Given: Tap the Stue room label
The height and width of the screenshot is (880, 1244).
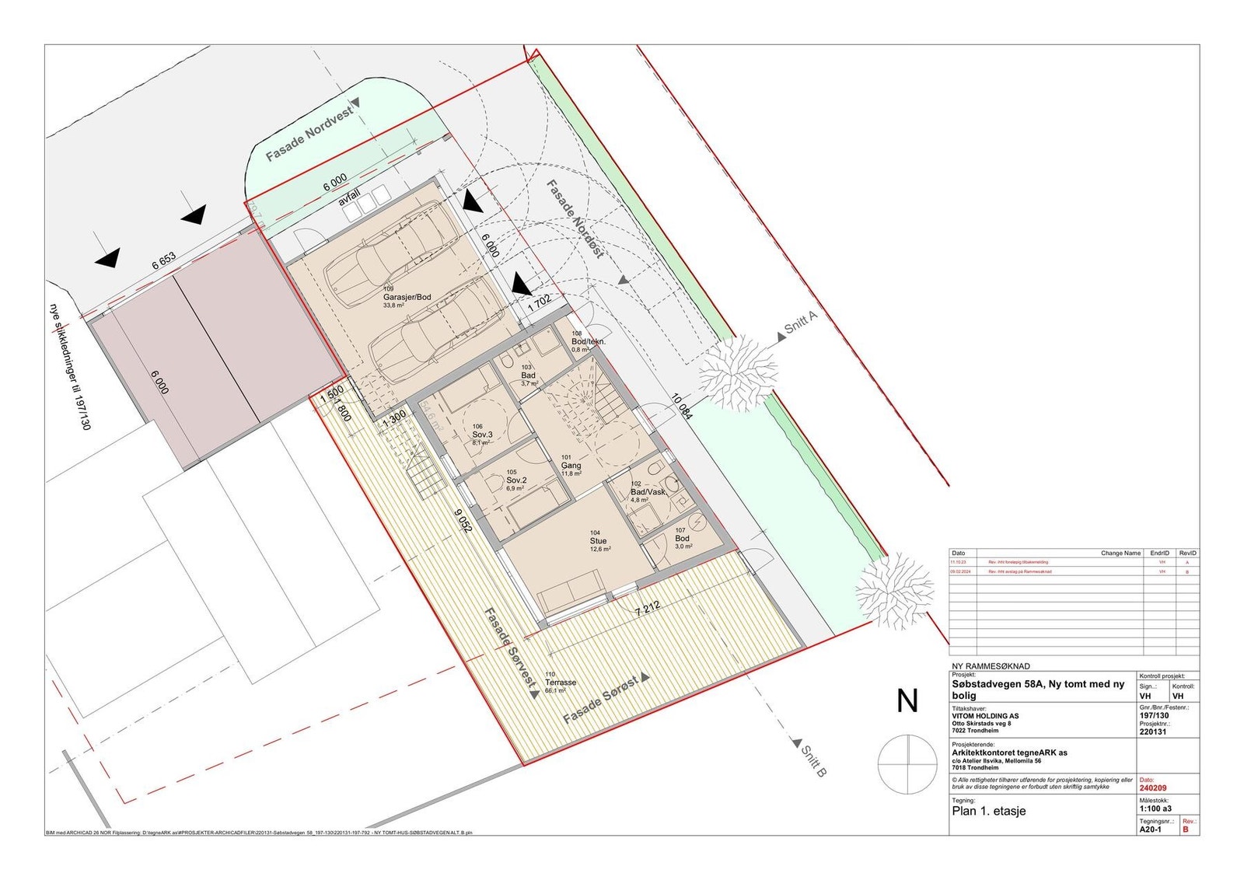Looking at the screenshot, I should point(598,541).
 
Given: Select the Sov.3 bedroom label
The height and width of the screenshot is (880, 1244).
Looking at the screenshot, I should point(482,435).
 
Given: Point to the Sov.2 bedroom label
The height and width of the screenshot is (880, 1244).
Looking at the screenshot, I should point(516,480).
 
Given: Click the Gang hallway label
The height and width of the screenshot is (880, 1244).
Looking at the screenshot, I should point(571,466).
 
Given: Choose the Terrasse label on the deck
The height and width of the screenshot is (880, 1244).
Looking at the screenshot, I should point(561,683).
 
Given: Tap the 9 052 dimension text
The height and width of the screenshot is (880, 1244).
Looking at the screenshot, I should point(463,515).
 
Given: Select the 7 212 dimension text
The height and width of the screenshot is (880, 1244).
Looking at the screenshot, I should point(647,608).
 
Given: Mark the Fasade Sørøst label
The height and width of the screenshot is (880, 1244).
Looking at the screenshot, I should point(601,700).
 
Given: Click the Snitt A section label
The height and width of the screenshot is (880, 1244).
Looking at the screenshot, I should point(802,323).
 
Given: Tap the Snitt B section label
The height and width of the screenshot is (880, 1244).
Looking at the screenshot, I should point(813,761).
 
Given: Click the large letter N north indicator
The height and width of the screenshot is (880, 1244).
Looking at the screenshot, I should point(907,701).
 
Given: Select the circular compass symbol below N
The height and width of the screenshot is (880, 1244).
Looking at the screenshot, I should point(907,764).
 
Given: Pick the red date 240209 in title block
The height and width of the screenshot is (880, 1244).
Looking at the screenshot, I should point(1153,787).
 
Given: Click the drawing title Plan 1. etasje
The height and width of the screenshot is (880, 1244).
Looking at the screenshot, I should point(989,811).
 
